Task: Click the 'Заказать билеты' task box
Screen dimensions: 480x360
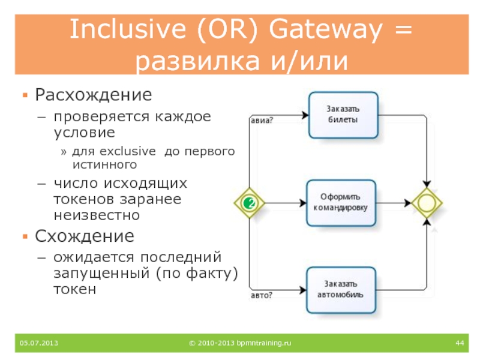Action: coord(343,114)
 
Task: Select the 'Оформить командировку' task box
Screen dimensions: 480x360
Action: coord(343,203)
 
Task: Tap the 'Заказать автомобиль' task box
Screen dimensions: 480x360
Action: coord(343,290)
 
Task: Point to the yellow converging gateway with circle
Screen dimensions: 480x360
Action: coord(427,203)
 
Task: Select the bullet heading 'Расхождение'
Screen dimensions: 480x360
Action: coord(93,95)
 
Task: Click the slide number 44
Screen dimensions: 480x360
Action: coord(460,343)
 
